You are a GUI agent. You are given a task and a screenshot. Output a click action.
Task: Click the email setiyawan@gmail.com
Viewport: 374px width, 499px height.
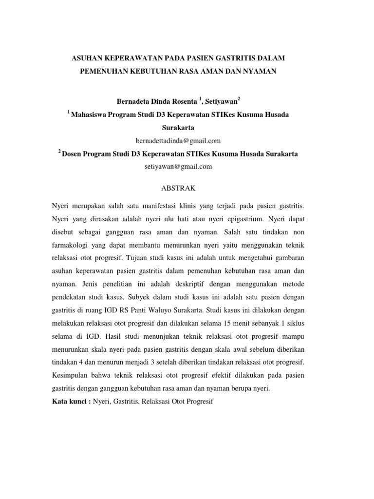pyautogui.click(x=178, y=167)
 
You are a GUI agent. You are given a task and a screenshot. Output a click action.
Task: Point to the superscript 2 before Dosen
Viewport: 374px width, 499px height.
pyautogui.click(x=59, y=152)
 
